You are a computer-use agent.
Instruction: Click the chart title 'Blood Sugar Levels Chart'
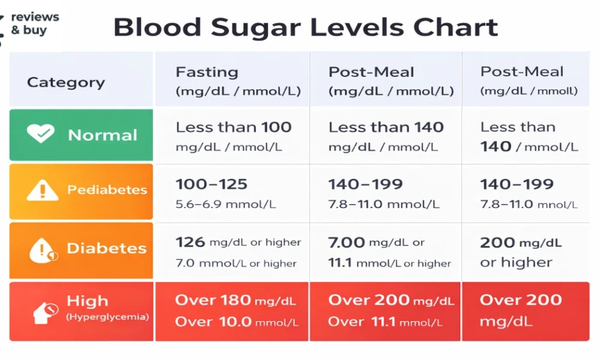[x=305, y=28]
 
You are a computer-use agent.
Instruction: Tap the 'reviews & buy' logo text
[x=35, y=23]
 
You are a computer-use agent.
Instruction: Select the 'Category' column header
[x=66, y=83]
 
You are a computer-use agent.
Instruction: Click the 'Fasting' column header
[x=206, y=73]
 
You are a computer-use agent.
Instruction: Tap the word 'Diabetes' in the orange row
[x=106, y=248]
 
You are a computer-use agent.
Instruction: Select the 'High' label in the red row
[x=88, y=301]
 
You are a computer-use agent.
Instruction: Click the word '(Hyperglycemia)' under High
[x=107, y=317]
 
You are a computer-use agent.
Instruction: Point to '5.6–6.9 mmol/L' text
[x=226, y=205]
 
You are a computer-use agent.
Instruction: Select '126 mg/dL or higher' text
[x=238, y=242]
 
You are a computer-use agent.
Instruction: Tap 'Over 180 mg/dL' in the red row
[x=235, y=300]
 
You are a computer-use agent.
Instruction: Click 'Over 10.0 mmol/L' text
[x=236, y=322]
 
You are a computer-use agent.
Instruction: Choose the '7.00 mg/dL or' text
[x=376, y=242]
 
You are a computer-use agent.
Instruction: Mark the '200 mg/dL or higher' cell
[x=521, y=252]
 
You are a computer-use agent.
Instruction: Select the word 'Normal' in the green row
[x=103, y=135]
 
